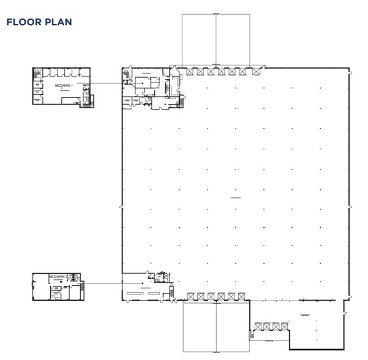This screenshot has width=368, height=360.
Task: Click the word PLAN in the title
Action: click(58, 23)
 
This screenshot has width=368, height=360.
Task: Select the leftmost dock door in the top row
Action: click(189, 72)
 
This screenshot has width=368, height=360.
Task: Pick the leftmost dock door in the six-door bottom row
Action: click(190, 296)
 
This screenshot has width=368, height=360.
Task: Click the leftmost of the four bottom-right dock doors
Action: click(258, 326)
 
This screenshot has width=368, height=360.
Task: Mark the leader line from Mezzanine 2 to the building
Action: click(104, 283)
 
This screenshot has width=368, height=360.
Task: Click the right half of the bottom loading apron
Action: click(232, 327)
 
